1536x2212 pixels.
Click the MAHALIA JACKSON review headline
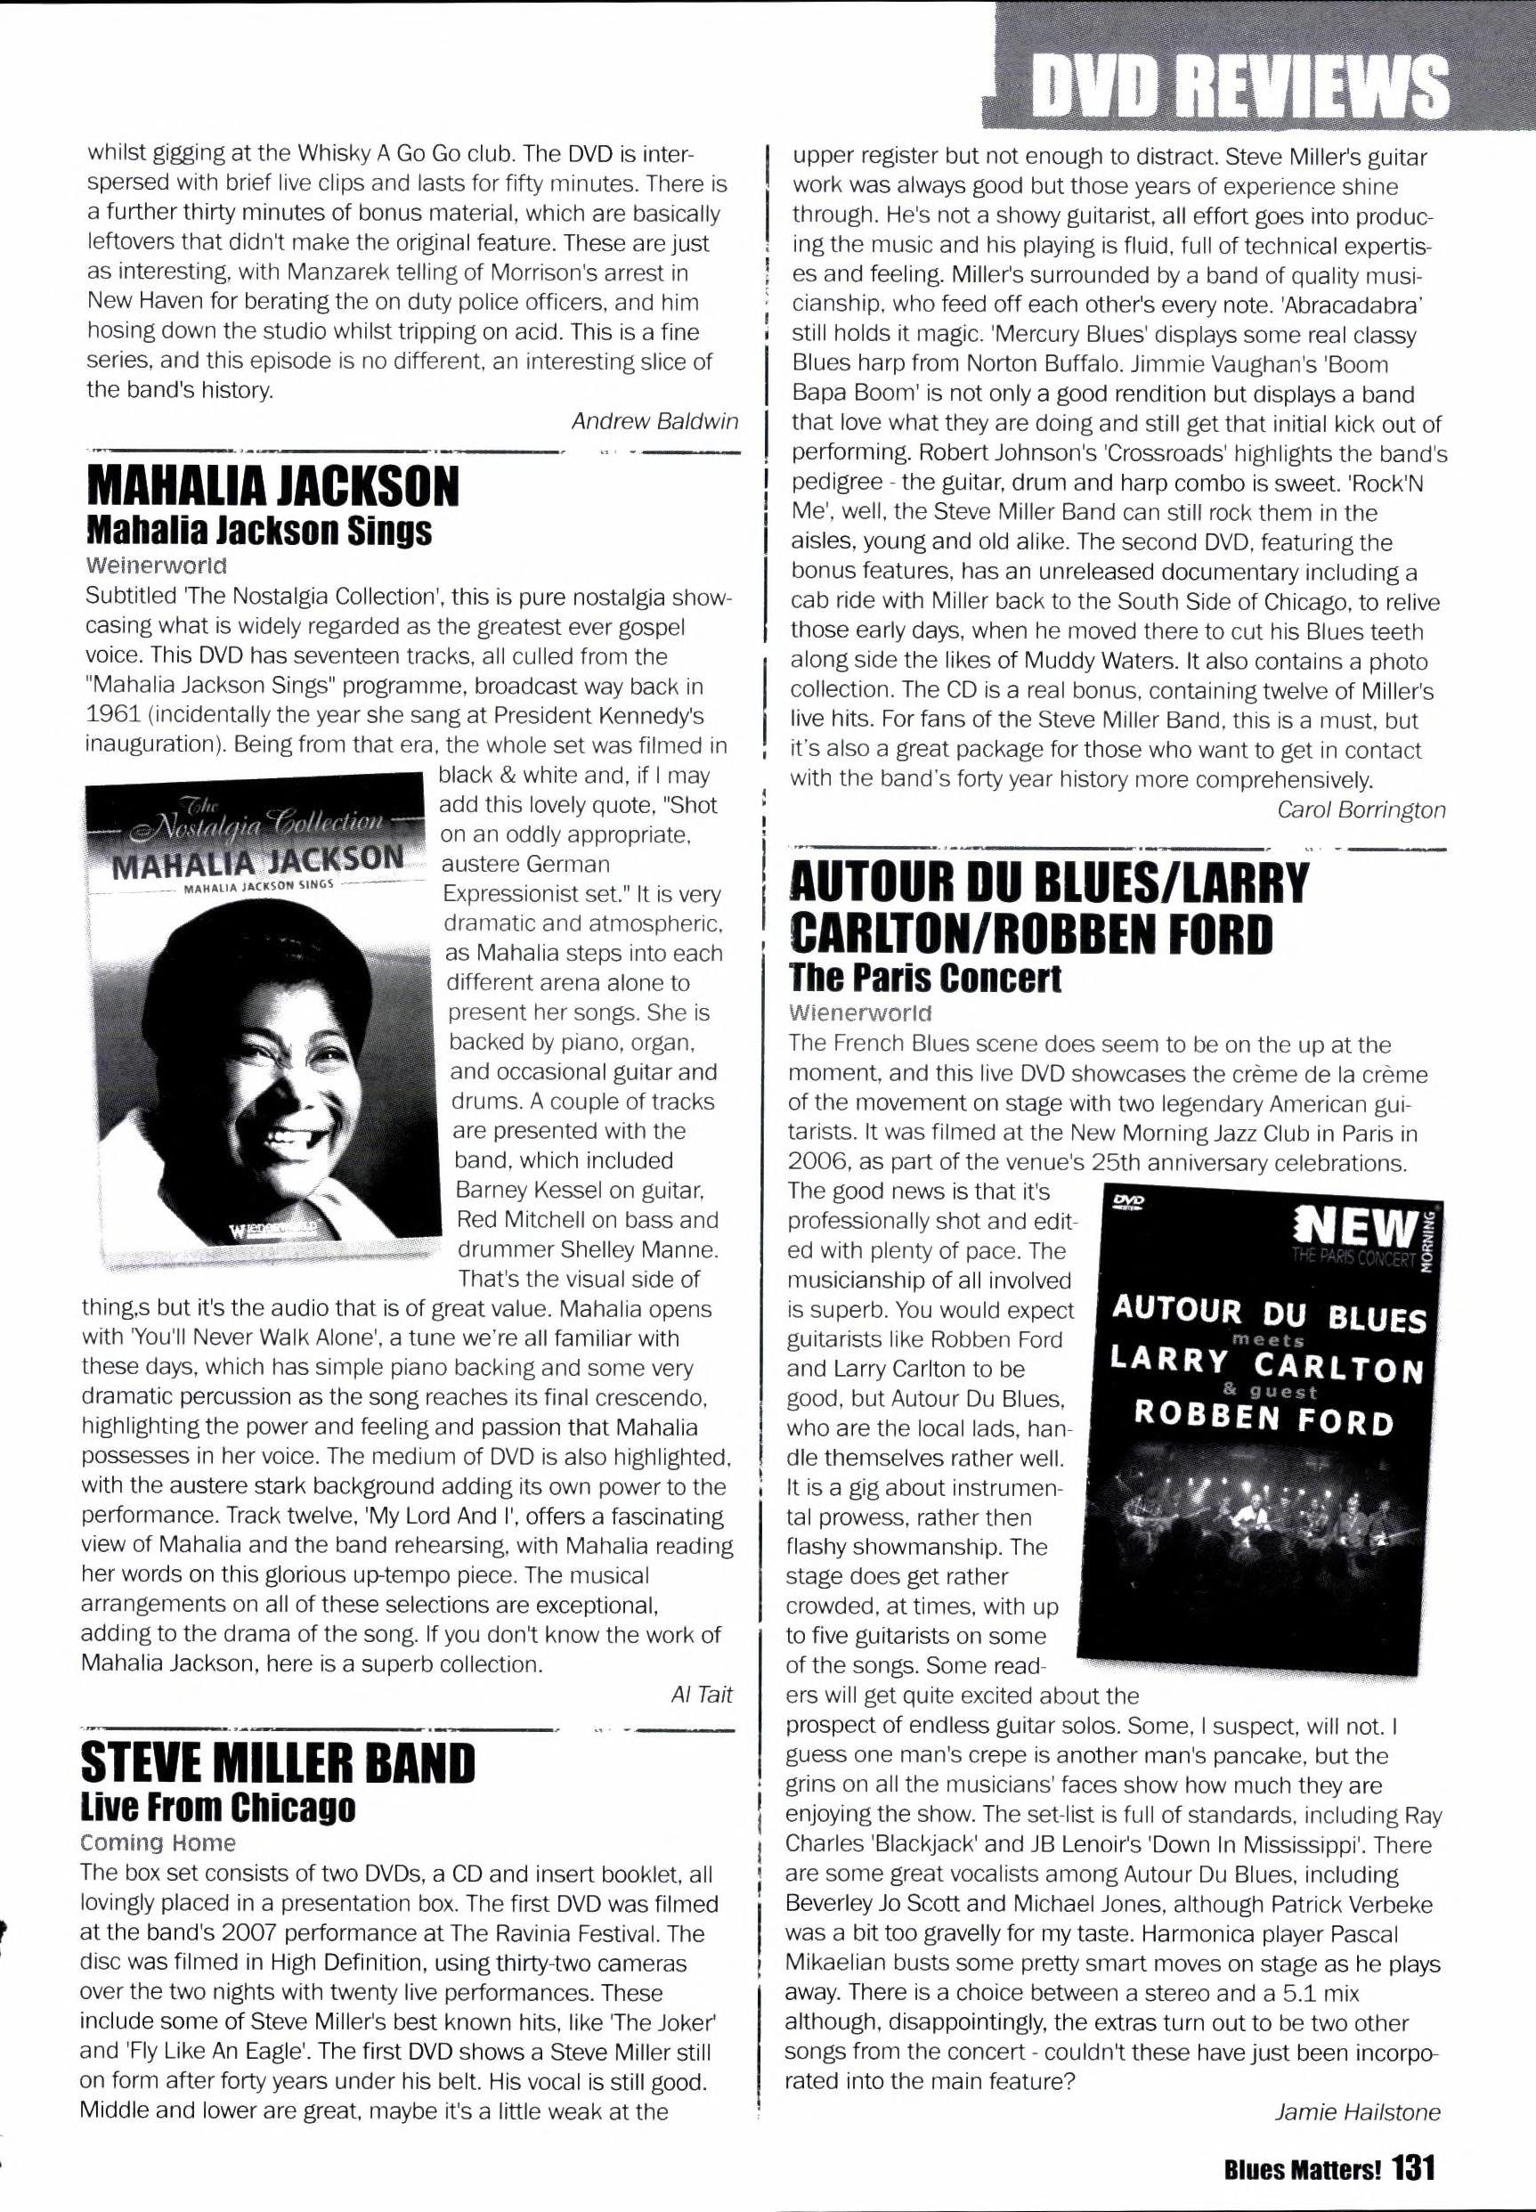click(272, 487)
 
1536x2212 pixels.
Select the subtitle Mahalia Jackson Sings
click(258, 531)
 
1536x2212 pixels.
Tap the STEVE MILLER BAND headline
click(278, 1763)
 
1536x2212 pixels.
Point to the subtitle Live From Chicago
click(217, 1807)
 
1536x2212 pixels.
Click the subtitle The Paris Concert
click(924, 978)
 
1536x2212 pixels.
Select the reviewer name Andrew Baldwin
click(654, 420)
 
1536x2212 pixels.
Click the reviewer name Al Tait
click(701, 1694)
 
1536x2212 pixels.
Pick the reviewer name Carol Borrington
click(1360, 809)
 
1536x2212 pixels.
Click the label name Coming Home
click(158, 1842)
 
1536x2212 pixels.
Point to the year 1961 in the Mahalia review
click(108, 716)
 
